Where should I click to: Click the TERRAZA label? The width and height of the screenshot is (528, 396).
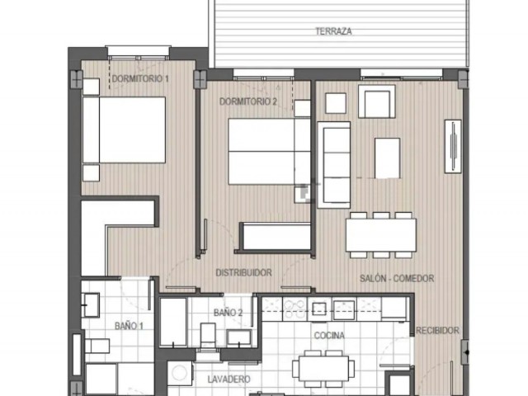(333, 31)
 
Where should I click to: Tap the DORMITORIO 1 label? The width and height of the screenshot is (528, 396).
(140, 79)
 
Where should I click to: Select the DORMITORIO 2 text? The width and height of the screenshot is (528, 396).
(247, 101)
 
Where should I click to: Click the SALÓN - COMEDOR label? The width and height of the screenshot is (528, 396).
(397, 279)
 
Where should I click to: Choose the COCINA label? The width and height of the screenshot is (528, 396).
(329, 336)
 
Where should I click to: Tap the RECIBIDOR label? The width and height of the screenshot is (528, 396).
(437, 330)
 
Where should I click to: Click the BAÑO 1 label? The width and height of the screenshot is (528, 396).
(130, 326)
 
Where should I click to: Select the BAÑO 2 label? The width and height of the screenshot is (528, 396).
(228, 313)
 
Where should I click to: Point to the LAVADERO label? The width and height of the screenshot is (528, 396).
(230, 379)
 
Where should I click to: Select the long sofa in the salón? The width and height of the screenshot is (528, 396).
(334, 163)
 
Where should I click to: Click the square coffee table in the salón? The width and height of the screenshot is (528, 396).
(387, 158)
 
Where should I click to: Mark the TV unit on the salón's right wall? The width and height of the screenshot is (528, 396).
(453, 147)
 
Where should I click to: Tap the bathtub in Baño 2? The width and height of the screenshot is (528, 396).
(172, 322)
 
